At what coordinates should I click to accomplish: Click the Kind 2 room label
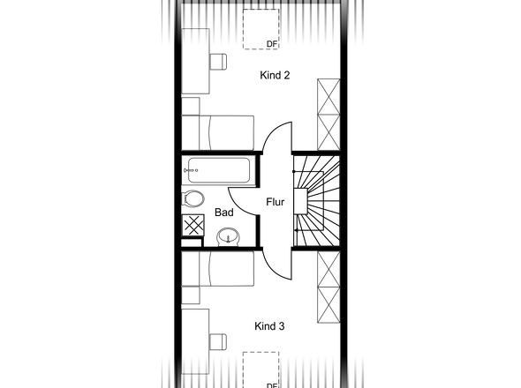pyautogui.click(x=275, y=75)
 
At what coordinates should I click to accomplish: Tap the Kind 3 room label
pyautogui.click(x=269, y=326)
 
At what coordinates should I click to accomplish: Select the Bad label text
pyautogui.click(x=224, y=213)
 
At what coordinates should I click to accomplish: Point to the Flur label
pyautogui.click(x=276, y=202)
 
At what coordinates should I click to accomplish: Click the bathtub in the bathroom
pyautogui.click(x=219, y=170)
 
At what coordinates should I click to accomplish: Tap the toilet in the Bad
pyautogui.click(x=193, y=198)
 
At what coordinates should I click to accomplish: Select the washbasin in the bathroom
pyautogui.click(x=229, y=236)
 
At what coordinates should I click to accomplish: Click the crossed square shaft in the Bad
pyautogui.click(x=193, y=225)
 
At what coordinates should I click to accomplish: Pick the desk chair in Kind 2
pyautogui.click(x=218, y=62)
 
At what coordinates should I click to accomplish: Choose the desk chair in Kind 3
pyautogui.click(x=218, y=342)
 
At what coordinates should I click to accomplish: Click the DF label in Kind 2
pyautogui.click(x=271, y=44)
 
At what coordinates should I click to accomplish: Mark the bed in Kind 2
pyautogui.click(x=217, y=133)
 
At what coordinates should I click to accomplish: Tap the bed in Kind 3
pyautogui.click(x=217, y=268)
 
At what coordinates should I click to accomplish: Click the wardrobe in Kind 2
pyautogui.click(x=328, y=115)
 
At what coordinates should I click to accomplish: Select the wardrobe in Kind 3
pyautogui.click(x=328, y=287)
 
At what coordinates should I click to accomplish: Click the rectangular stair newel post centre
pyautogui.click(x=300, y=201)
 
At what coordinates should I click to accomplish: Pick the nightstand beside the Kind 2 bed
pyautogui.click(x=191, y=106)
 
